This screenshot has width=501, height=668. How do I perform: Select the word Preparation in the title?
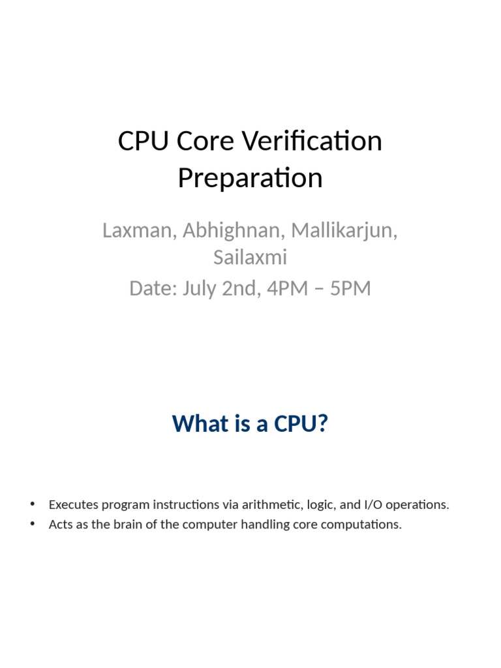250,178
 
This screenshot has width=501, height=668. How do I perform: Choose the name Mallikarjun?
344,230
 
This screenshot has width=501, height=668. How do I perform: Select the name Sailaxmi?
250,258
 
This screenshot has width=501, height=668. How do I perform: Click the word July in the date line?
198,288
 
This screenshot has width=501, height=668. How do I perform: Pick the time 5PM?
350,288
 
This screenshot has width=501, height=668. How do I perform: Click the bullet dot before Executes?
32,504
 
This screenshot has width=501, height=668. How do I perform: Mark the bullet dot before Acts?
32,524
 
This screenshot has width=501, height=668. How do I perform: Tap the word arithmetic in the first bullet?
268,505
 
